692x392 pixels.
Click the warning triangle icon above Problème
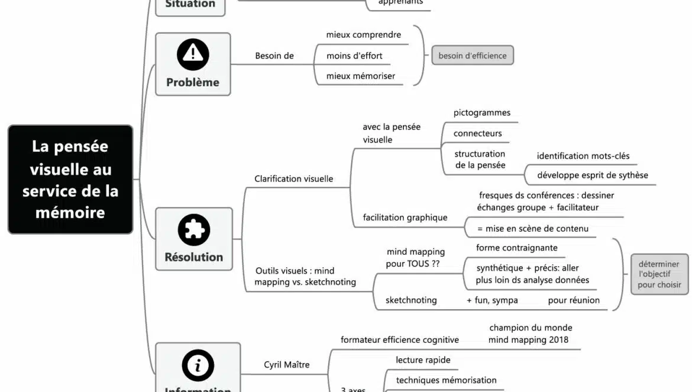pos(193,54)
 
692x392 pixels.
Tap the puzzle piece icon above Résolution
pos(194,231)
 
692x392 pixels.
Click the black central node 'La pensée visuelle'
pos(70,179)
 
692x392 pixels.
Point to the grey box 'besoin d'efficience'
pos(473,56)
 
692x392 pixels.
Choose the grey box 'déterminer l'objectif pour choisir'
pos(659,274)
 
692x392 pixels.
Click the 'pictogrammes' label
pos(481,112)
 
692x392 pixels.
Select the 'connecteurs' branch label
pos(477,133)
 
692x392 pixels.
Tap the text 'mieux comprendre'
pos(364,35)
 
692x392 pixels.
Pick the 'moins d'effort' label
pos(354,56)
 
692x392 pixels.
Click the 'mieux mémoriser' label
pos(361,76)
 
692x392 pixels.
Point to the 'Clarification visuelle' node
pos(293,179)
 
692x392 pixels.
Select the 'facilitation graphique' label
pos(405,218)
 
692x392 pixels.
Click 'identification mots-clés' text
pos(583,156)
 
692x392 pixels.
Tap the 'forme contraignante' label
pos(516,248)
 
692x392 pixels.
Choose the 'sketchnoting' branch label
pos(411,300)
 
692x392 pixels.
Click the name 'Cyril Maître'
pos(286,364)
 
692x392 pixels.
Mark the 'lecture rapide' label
pos(423,359)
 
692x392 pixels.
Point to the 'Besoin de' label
pos(274,56)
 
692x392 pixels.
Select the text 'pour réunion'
pos(574,300)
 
